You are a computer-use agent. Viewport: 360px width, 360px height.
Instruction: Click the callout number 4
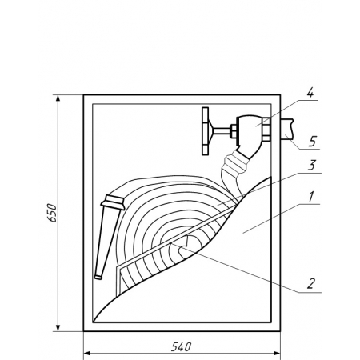310,94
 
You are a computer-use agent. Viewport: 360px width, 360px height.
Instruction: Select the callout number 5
312,142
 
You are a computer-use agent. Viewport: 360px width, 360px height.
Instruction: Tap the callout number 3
311,166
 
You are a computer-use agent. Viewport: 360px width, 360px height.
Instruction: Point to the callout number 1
311,197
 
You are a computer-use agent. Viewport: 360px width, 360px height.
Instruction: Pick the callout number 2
311,284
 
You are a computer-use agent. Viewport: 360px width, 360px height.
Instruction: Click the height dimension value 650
52,214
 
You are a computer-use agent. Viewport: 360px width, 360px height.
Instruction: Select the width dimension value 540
182,347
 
